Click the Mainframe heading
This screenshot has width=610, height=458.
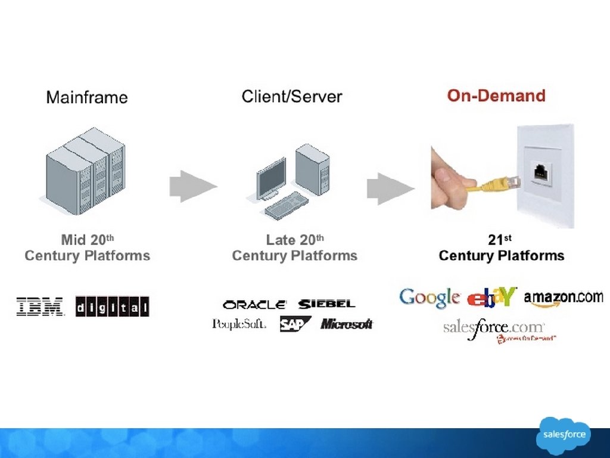pyautogui.click(x=87, y=97)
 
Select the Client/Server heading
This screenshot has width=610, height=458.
pyautogui.click(x=292, y=97)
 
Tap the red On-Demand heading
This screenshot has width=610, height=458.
pyautogui.click(x=496, y=96)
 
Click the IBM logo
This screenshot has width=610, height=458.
pyautogui.click(x=40, y=306)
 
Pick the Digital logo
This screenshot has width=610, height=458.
pyautogui.click(x=112, y=307)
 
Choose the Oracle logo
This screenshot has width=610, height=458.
pyautogui.click(x=254, y=304)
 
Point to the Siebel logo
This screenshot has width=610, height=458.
pyautogui.click(x=326, y=304)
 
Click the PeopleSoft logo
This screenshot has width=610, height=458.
pyautogui.click(x=239, y=324)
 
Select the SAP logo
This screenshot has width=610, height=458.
pyautogui.click(x=295, y=324)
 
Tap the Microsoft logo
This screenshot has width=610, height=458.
pyautogui.click(x=347, y=324)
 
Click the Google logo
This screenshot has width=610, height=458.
pyautogui.click(x=430, y=298)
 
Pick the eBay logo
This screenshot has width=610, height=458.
pyautogui.click(x=492, y=297)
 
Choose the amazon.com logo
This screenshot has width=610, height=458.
pyautogui.click(x=563, y=298)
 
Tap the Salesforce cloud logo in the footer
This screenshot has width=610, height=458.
pyautogui.click(x=563, y=435)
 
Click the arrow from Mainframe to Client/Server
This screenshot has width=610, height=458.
pyautogui.click(x=192, y=186)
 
